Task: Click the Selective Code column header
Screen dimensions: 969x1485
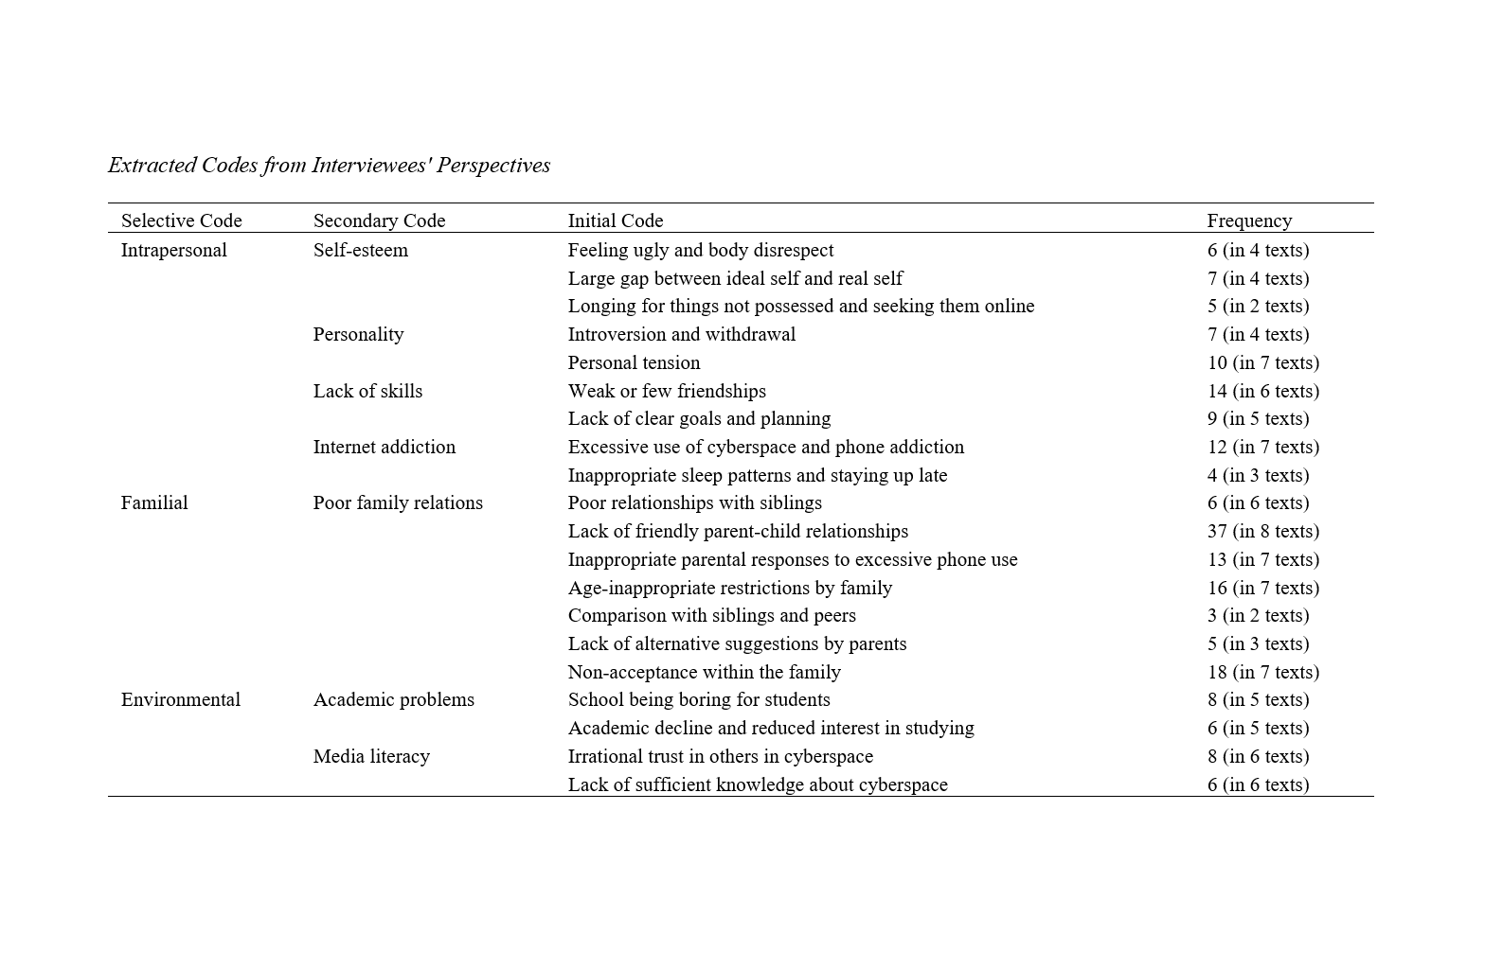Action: coord(181,220)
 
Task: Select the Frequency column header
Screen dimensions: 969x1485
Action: coord(1248,220)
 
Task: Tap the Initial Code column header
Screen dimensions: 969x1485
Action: coord(615,220)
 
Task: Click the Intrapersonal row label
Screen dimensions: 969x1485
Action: coord(173,250)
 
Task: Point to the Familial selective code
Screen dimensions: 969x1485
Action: coord(154,502)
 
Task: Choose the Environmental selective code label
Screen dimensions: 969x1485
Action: coord(180,699)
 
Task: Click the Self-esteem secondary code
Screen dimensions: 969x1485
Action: coord(360,250)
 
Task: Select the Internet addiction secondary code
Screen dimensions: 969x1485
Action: coord(384,447)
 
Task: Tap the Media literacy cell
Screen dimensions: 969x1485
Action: coord(371,756)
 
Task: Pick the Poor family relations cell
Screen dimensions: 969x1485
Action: coord(398,502)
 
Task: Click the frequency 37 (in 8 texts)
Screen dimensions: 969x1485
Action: coord(1262,531)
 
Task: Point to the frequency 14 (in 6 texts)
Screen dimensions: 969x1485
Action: coord(1262,391)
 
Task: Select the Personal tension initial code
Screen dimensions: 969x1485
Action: coord(634,362)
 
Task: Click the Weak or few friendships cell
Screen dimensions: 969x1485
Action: coord(667,391)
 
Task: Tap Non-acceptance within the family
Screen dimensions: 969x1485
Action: coord(704,672)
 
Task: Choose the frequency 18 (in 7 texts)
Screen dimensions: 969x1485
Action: coord(1262,672)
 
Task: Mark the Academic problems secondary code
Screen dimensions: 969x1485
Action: coord(393,699)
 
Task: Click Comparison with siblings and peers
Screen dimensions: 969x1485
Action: coord(711,615)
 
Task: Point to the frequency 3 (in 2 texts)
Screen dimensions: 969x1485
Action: coord(1258,615)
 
